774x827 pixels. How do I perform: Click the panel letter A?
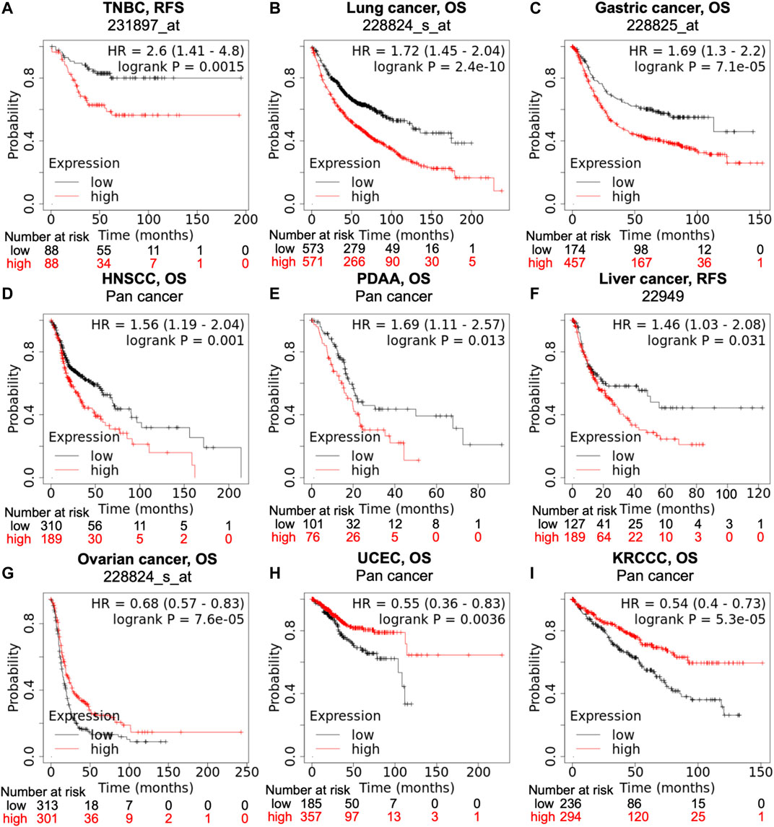7,9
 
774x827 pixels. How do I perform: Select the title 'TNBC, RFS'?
144,8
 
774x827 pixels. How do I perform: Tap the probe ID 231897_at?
144,25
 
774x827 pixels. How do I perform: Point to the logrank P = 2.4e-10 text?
439,67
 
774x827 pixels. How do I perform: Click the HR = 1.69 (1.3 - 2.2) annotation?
697,51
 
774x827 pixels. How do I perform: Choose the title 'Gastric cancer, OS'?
663,8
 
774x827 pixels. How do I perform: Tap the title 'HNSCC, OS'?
144,279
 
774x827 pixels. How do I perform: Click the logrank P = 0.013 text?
445,341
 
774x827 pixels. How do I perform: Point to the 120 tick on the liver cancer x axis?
759,494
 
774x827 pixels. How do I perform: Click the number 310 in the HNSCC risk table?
51,526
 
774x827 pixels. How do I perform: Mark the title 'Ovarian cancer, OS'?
147,559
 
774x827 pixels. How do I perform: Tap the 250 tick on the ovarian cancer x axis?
247,772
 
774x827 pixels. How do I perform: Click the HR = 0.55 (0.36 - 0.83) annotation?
428,603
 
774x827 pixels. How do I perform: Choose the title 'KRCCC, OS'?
655,558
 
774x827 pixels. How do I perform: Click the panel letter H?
274,573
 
